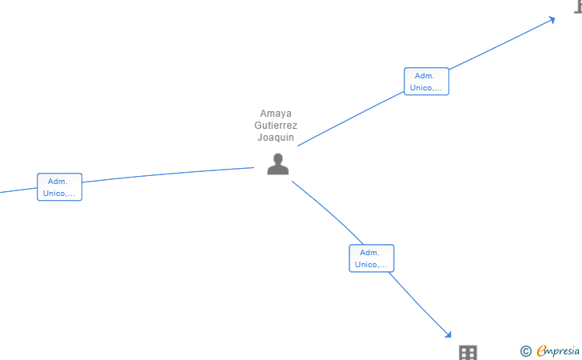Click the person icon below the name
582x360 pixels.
click(x=277, y=164)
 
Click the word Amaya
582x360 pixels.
click(x=276, y=113)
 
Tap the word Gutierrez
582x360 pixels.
click(x=276, y=125)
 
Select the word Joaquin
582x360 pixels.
click(x=276, y=137)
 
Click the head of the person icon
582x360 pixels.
click(x=277, y=158)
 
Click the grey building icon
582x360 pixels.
click(x=468, y=353)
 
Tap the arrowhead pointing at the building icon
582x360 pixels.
click(x=448, y=334)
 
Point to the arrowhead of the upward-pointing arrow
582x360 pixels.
click(x=552, y=20)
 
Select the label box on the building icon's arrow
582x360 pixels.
click(x=371, y=258)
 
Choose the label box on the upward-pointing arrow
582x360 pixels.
click(x=426, y=82)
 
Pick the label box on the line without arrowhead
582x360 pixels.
click(x=59, y=187)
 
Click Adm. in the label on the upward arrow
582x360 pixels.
click(x=425, y=76)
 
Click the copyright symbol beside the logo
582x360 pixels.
click(x=525, y=350)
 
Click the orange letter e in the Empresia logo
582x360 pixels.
click(x=542, y=351)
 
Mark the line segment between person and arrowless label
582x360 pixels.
click(x=168, y=176)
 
